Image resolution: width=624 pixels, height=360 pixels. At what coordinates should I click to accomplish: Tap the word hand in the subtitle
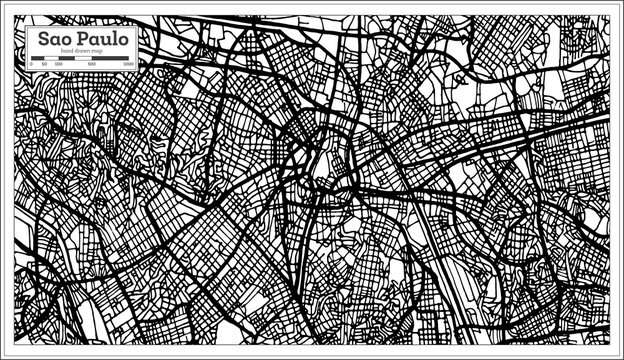pyautogui.click(x=67, y=52)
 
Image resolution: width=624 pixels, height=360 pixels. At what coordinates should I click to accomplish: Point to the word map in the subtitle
pyautogui.click(x=98, y=52)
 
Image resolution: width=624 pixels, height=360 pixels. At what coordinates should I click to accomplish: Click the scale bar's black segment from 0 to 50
pyautogui.click(x=38, y=59)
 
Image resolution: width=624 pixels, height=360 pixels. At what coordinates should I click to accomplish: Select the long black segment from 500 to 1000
pyautogui.click(x=111, y=59)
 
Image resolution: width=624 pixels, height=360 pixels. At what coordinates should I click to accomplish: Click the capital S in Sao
pyautogui.click(x=44, y=39)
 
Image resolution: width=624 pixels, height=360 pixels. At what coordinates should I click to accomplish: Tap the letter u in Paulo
pyautogui.click(x=102, y=40)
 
